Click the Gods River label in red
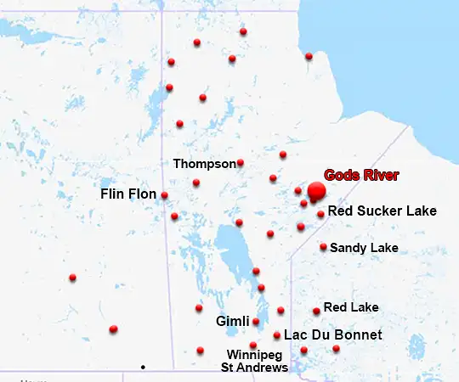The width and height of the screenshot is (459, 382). [361, 175]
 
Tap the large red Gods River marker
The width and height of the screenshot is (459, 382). [316, 192]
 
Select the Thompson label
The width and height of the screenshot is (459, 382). [204, 163]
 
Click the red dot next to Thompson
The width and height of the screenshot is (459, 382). [241, 162]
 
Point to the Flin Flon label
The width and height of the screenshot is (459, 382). [128, 194]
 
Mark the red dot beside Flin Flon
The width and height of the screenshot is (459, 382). [164, 195]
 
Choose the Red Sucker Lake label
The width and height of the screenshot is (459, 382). [382, 211]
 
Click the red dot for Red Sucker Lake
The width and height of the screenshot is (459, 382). [320, 214]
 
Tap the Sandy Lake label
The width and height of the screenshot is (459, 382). [364, 248]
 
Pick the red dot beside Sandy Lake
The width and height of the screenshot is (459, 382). [323, 247]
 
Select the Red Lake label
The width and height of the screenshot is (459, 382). [351, 307]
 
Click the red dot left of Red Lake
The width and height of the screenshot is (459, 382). [316, 311]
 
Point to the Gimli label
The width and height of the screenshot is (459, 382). [232, 322]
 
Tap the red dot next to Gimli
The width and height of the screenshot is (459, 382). [256, 322]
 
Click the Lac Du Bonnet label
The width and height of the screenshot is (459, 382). [332, 335]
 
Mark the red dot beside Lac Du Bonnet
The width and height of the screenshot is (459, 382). [277, 335]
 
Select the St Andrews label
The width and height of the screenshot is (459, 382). [254, 368]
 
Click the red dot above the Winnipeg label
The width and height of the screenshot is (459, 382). [252, 345]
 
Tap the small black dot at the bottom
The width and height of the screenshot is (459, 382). [143, 367]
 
